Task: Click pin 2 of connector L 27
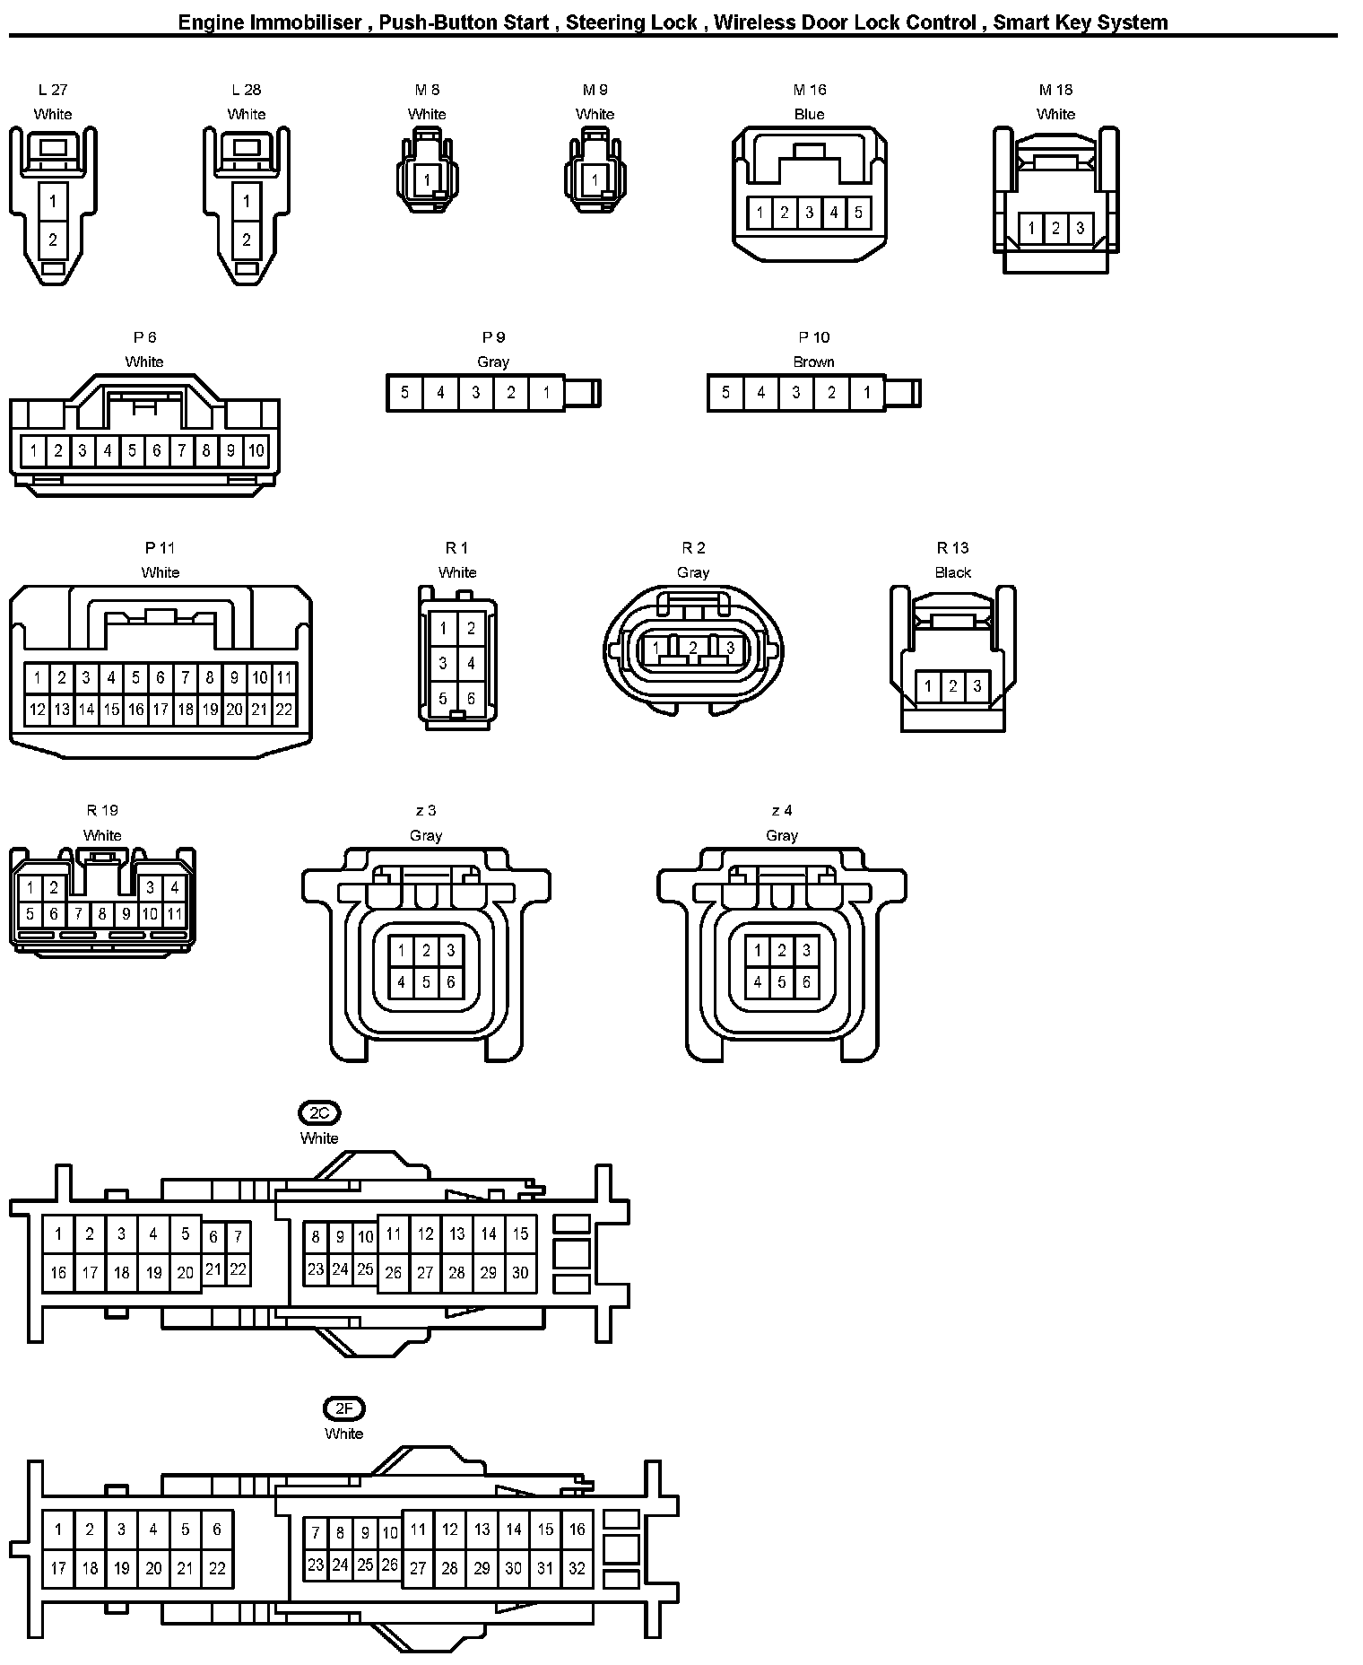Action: tap(53, 240)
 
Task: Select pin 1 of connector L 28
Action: tap(247, 201)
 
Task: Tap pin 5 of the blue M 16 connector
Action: tap(858, 213)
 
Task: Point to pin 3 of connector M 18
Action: tap(1080, 229)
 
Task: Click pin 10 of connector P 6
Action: tap(256, 450)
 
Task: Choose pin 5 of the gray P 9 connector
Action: tap(405, 393)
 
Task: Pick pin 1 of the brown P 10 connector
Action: tap(866, 393)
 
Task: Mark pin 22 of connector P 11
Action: tap(283, 710)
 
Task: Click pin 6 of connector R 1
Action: tap(471, 698)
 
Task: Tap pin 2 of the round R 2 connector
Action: tap(693, 648)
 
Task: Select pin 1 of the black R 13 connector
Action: tap(928, 687)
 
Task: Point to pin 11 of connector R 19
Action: tap(174, 914)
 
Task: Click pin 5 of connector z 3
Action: tap(426, 982)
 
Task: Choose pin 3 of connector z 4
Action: tap(806, 951)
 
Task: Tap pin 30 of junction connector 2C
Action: tap(520, 1272)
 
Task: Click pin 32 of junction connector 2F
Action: tap(577, 1568)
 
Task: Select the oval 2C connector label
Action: tap(319, 1113)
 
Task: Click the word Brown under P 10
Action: tap(813, 362)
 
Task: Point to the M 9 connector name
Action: tap(595, 90)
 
